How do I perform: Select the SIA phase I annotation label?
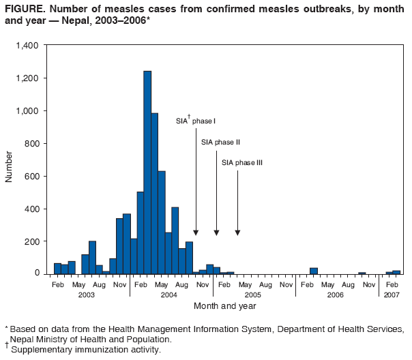[196, 121]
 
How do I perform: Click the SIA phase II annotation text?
[220, 142]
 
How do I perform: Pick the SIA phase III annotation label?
[242, 163]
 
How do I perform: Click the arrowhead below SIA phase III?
[237, 232]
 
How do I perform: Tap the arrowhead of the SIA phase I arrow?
[196, 232]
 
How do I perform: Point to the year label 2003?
[86, 294]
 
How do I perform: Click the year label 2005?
[253, 294]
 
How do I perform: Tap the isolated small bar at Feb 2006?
[314, 271]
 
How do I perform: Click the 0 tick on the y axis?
[39, 274]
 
